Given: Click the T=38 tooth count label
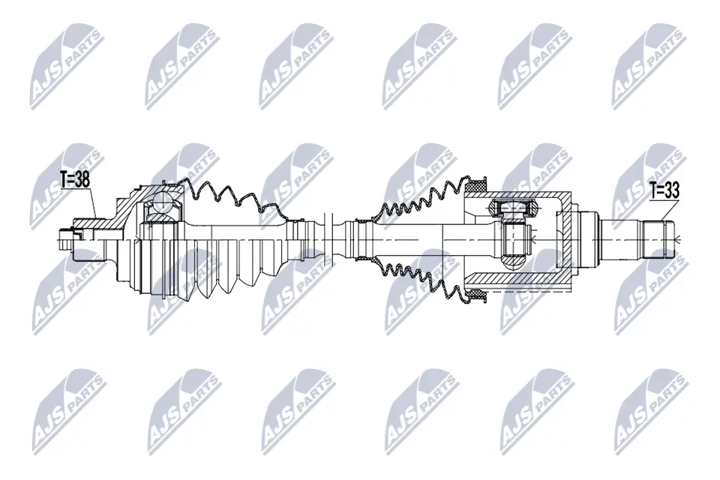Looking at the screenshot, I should (x=76, y=180).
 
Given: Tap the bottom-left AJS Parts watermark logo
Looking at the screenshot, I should (x=66, y=409).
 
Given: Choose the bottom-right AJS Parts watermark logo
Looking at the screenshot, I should (x=648, y=409).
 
